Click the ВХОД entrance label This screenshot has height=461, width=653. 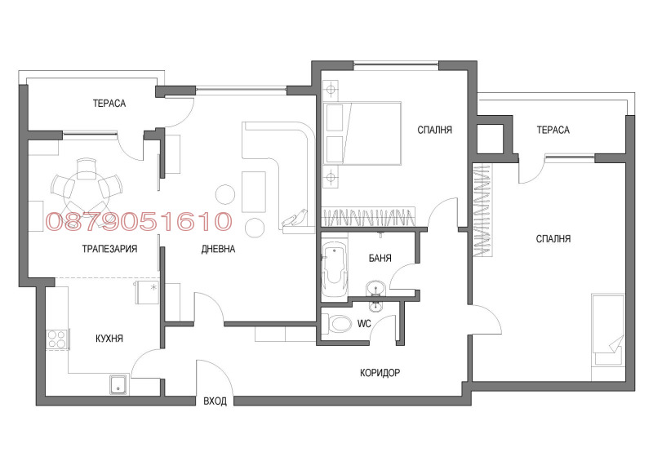coord(215,401)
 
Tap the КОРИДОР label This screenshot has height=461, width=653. coord(380,372)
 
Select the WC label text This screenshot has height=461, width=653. coord(364,324)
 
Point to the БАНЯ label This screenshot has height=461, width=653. coord(380,258)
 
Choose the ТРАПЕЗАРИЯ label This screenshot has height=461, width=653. coord(109,249)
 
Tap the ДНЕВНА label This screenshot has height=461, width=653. coord(218,249)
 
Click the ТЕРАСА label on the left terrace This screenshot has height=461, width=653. coord(109,104)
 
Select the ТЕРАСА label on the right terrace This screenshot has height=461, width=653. coord(553,130)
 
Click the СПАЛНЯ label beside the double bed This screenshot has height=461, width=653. coord(434,130)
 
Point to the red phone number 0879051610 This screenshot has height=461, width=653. coord(140,220)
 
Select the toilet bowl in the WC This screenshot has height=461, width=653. coord(336,325)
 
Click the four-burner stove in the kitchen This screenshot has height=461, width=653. coord(58,339)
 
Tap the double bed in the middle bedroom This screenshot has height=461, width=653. coord(363,134)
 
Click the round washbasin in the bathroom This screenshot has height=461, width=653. coord(376,287)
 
